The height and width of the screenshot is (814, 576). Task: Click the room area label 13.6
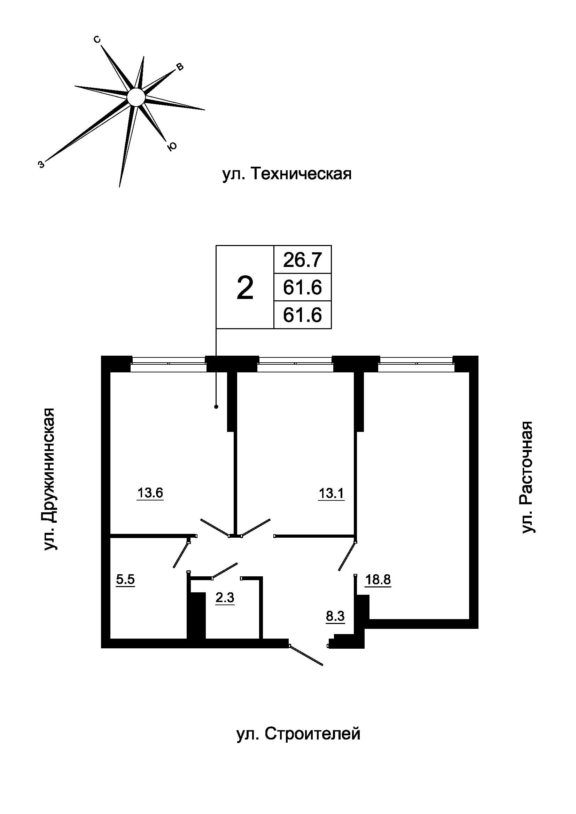[x=150, y=493]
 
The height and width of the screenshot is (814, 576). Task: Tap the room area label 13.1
[x=331, y=493]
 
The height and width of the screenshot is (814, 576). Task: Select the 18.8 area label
[x=378, y=580]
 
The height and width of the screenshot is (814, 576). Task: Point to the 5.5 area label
[x=126, y=580]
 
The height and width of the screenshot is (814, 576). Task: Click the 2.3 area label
[x=225, y=598]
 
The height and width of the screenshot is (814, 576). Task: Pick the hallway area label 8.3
[x=335, y=617]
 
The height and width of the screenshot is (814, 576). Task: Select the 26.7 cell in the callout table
[x=302, y=260]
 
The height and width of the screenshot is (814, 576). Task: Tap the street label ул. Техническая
[x=287, y=174]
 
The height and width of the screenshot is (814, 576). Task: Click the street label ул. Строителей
[x=298, y=734]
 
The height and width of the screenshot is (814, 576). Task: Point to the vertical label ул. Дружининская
[x=50, y=479]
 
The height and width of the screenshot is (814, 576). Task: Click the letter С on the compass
[x=97, y=40]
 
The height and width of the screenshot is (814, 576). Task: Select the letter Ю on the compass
[x=172, y=147]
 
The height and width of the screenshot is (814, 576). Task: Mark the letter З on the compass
[x=41, y=165]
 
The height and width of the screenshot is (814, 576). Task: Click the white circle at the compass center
[x=136, y=97]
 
